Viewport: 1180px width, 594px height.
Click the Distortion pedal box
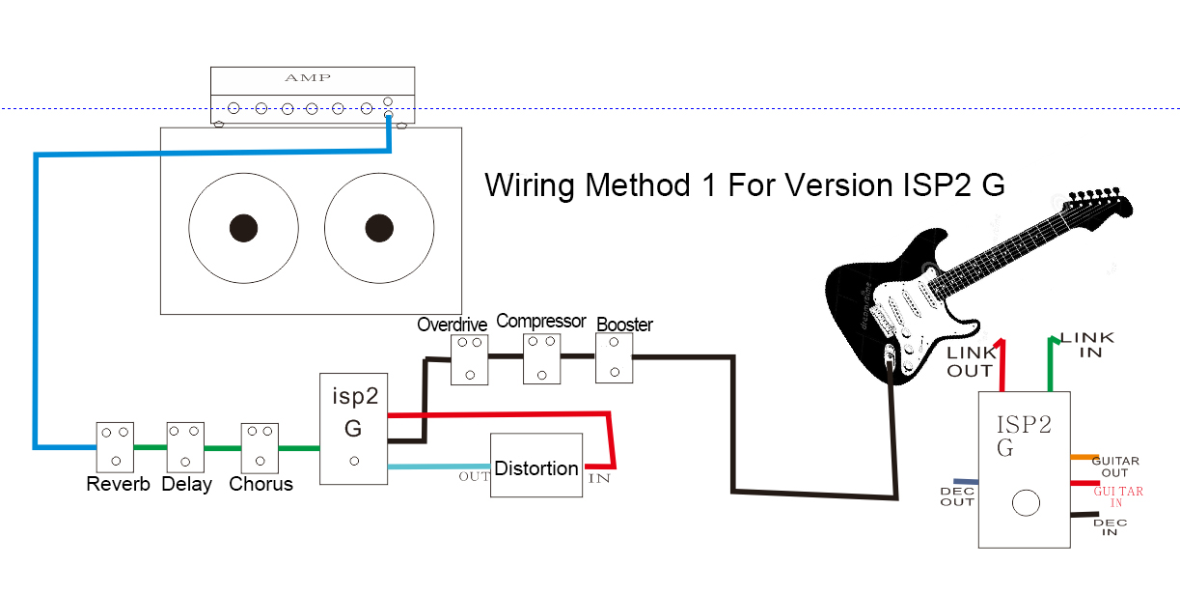pos(536,467)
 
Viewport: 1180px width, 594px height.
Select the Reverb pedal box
pos(115,446)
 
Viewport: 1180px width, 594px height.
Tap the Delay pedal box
pos(186,446)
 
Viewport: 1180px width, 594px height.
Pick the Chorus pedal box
pos(260,446)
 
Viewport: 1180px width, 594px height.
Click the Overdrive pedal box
pos(470,358)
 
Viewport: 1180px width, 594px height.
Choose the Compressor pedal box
pos(541,358)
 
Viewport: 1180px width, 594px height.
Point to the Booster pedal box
pos(614,358)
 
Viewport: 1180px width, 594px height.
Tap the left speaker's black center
pos(243,228)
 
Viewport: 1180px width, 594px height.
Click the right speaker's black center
pos(378,228)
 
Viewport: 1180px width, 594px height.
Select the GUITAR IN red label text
pos(1117,496)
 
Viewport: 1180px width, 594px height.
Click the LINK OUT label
pos(970,362)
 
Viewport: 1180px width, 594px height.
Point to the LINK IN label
pos(1086,345)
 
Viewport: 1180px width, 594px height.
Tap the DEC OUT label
pos(957,496)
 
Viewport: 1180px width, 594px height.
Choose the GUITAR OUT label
pos(1115,467)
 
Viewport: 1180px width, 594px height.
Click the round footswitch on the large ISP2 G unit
pos(1026,503)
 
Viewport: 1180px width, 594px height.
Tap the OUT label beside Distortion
pos(474,476)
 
